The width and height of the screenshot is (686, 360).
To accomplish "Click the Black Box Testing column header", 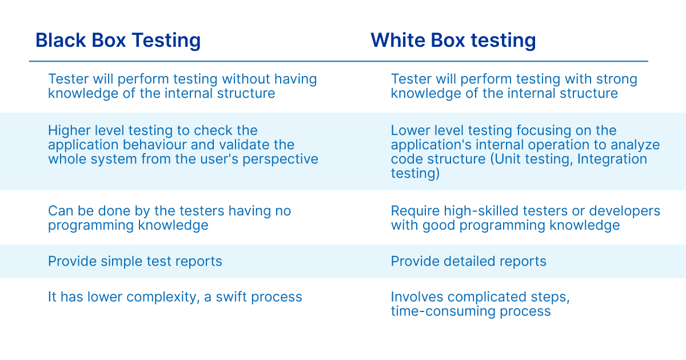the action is [x=118, y=41].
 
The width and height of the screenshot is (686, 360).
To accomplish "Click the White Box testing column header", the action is [x=453, y=41].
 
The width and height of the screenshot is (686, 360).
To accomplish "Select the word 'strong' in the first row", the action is [x=616, y=79].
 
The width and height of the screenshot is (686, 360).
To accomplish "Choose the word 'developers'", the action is [x=624, y=211].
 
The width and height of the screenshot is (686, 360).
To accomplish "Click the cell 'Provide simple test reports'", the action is [x=135, y=262].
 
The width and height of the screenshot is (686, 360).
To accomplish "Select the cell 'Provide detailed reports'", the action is [x=469, y=262].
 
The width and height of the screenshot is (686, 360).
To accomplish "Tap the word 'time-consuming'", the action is [x=443, y=311].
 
